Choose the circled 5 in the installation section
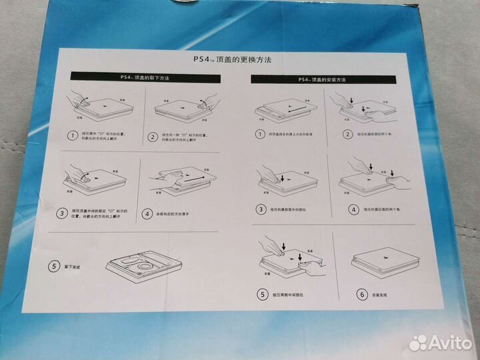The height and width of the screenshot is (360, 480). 262,293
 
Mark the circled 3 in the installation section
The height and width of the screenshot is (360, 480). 262,209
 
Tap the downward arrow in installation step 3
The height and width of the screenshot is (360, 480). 282,178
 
